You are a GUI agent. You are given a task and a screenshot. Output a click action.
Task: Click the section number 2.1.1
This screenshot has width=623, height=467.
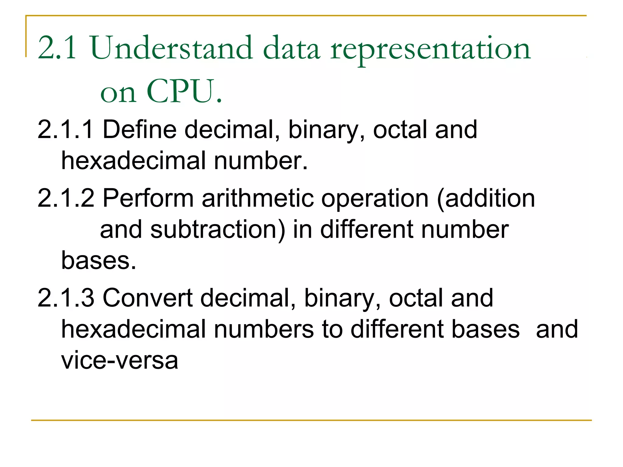65,130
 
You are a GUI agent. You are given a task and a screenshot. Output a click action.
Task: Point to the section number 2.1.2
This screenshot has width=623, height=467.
66,198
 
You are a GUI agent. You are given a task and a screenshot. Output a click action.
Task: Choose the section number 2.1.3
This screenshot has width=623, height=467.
66,298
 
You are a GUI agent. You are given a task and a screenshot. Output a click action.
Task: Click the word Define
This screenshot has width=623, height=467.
139,130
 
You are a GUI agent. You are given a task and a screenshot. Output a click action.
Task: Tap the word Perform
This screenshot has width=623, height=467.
148,198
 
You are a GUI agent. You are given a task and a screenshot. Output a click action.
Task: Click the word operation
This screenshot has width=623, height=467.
375,198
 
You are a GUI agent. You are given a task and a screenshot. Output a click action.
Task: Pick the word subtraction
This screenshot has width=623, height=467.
218,230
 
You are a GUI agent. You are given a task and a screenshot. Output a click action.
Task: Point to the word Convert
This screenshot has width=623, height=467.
148,298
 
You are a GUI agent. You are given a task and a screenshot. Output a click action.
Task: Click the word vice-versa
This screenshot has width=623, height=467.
120,361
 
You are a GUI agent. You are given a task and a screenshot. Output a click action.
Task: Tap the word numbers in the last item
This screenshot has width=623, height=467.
263,329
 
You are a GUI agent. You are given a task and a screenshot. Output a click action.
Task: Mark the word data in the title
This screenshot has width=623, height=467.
291,49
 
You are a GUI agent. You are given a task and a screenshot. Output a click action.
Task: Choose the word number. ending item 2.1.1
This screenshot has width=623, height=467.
261,161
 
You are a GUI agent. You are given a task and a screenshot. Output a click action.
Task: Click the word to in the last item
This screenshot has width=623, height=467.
332,329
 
